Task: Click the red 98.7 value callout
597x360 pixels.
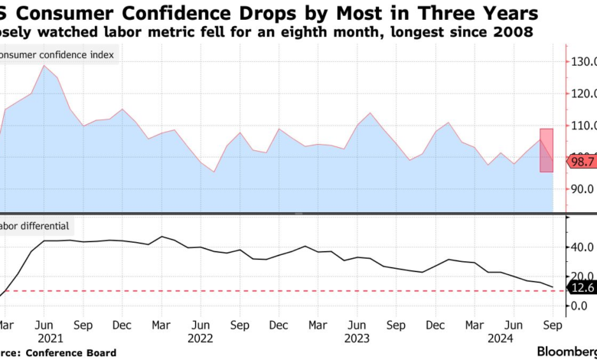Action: (x=581, y=162)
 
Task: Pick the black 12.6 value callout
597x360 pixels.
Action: (x=581, y=288)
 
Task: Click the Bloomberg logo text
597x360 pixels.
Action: (x=563, y=352)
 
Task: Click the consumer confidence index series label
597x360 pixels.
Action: (x=58, y=56)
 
